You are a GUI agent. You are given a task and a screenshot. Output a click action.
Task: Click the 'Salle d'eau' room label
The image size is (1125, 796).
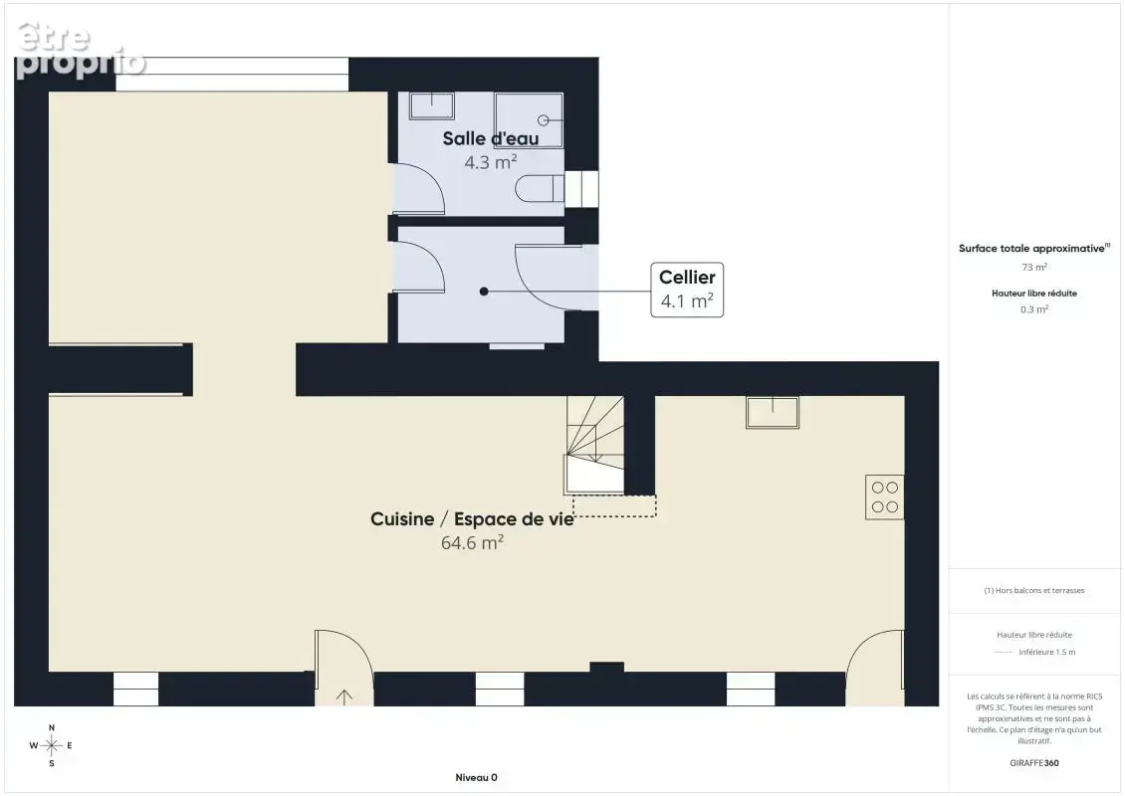490,138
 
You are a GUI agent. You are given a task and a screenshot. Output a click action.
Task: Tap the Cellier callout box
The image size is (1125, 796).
687,290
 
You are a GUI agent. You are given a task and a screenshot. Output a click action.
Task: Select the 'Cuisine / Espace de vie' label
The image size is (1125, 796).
472,519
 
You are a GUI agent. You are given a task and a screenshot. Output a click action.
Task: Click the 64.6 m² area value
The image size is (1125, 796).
472,543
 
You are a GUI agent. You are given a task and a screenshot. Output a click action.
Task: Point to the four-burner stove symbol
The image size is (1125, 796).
884,497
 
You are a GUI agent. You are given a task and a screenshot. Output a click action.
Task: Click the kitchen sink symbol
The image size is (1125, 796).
773,412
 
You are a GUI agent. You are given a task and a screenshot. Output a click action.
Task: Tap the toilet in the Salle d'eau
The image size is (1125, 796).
540,189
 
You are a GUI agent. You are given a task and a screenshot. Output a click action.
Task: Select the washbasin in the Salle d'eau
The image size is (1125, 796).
431,105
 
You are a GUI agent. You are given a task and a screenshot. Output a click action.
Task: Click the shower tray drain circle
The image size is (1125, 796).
544,120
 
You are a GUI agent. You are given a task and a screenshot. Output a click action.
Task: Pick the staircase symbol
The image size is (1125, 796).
594,445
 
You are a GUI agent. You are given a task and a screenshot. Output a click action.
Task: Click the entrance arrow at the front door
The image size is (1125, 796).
344,696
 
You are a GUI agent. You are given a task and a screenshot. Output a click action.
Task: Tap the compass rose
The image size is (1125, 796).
52,746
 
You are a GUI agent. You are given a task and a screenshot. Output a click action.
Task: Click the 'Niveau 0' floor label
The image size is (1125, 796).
477,777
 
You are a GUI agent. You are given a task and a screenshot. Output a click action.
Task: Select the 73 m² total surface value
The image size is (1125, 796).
1033,267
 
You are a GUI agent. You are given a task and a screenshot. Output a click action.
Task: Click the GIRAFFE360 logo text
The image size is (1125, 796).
1033,763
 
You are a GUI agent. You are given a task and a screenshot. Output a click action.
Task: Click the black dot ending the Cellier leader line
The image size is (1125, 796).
484,292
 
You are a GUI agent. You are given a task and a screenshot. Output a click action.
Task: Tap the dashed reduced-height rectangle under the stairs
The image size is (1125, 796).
614,505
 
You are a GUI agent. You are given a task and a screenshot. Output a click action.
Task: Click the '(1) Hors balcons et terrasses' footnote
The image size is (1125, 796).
1033,590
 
